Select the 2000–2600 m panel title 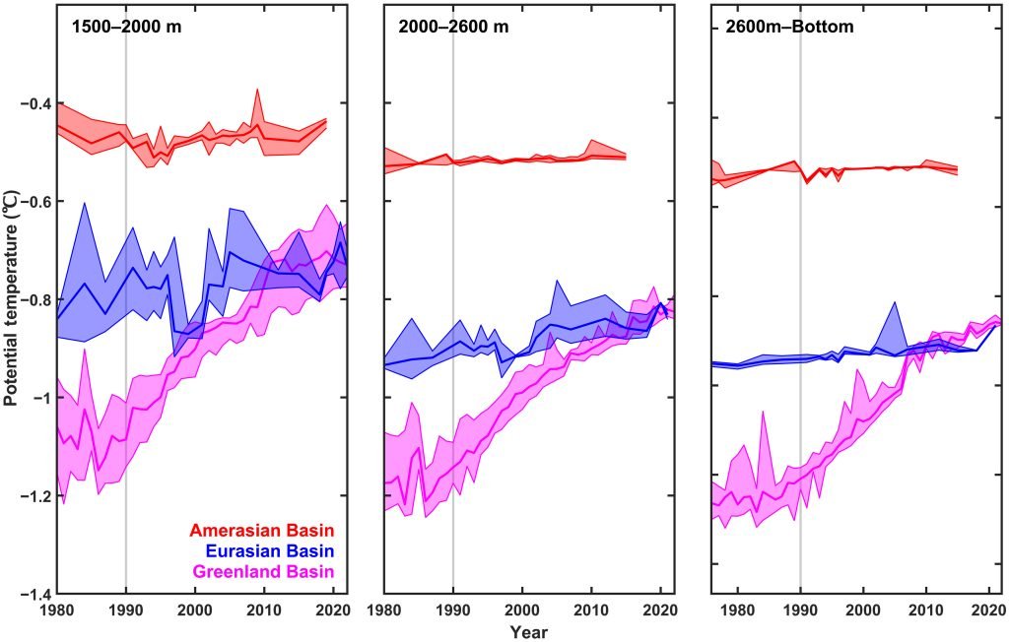coord(453,28)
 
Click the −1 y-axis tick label coord(42,397)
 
